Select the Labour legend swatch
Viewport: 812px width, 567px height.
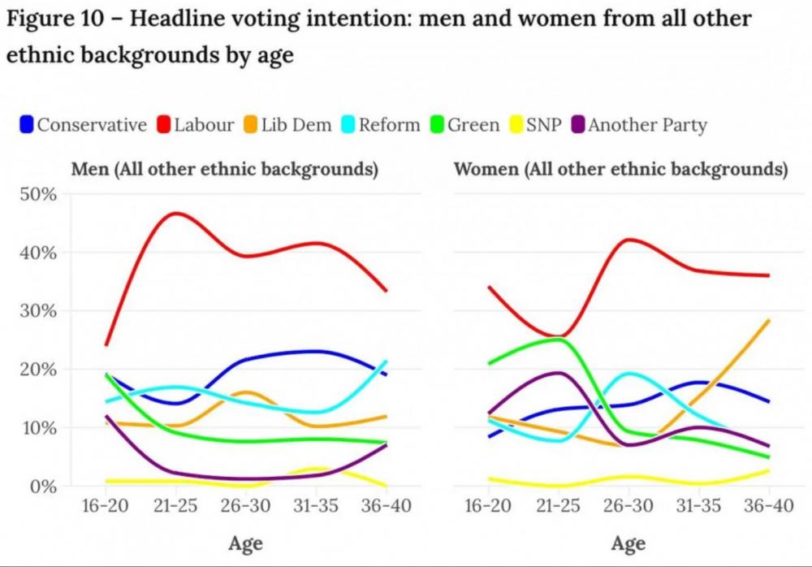click(x=162, y=125)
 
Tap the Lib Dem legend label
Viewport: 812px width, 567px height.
click(x=296, y=125)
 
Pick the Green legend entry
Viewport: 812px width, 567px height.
click(x=473, y=125)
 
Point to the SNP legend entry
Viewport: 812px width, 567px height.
click(x=543, y=125)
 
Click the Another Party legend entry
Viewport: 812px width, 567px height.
click(x=647, y=125)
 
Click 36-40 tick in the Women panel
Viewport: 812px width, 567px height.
click(x=767, y=506)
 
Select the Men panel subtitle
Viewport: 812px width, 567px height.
click(x=225, y=170)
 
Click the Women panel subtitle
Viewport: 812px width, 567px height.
click(x=620, y=170)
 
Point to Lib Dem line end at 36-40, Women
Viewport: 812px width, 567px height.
click(x=767, y=321)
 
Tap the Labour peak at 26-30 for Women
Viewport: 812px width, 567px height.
click(x=627, y=240)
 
